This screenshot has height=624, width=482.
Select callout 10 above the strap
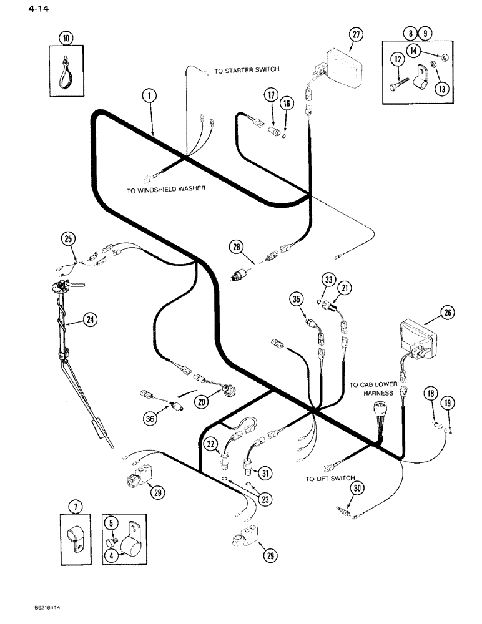click(66, 38)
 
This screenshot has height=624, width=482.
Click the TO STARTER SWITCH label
click(247, 71)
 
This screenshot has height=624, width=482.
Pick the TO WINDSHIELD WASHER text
click(166, 190)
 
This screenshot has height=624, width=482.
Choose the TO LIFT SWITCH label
click(327, 479)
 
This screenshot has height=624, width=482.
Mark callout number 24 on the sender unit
click(90, 320)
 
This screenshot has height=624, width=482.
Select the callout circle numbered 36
click(149, 419)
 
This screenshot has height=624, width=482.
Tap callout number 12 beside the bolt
click(397, 59)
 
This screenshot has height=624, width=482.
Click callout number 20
click(200, 403)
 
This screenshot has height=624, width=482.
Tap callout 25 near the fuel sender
click(68, 238)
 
